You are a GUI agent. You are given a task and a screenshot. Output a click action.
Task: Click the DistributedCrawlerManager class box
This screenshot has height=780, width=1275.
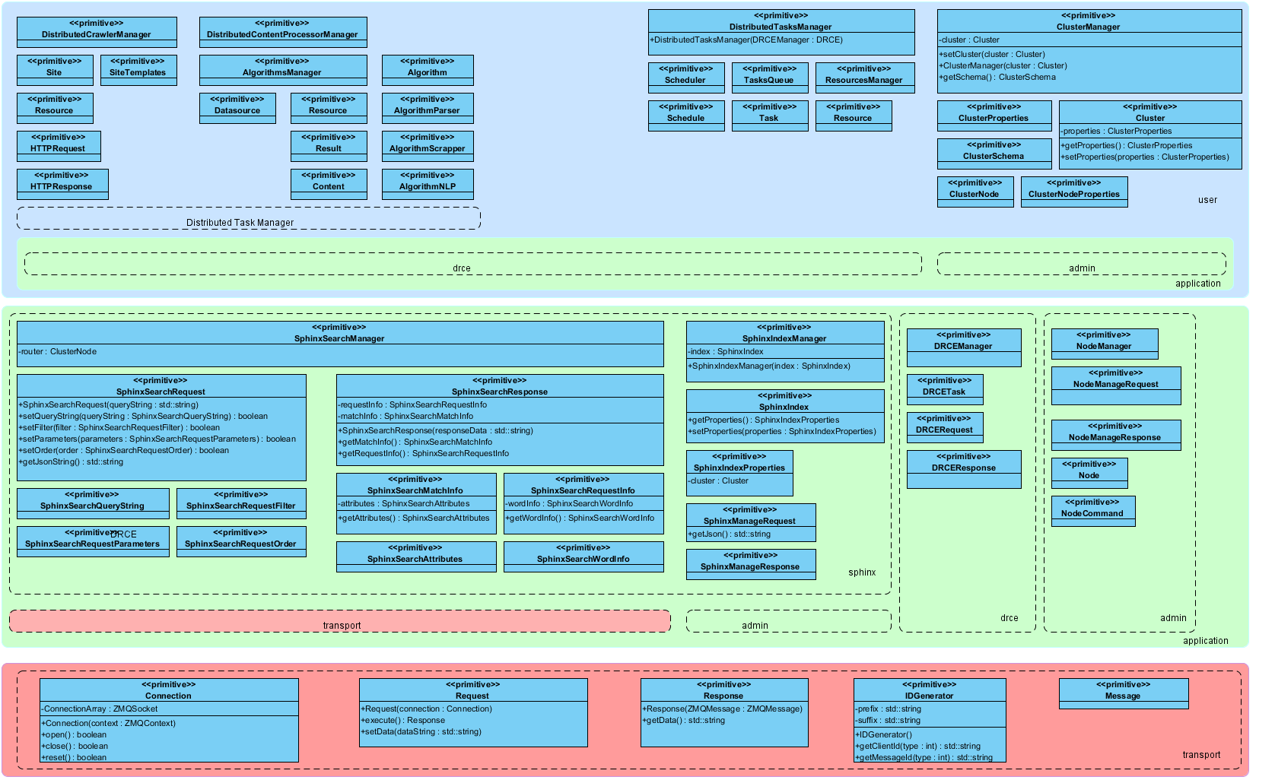pos(97,32)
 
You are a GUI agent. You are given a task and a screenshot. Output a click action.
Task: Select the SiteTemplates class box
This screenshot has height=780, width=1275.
pos(138,70)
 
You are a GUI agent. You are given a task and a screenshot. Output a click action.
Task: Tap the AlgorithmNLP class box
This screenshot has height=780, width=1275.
pos(427,184)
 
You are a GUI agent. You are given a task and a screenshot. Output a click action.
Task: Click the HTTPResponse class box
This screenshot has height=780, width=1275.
pos(62,184)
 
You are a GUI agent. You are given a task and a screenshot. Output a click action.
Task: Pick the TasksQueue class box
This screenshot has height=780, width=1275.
pos(769,78)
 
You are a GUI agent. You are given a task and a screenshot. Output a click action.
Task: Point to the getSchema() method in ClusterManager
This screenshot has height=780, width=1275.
pos(997,78)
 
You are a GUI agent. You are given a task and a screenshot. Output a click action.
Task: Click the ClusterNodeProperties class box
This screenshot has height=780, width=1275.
pos(1073,192)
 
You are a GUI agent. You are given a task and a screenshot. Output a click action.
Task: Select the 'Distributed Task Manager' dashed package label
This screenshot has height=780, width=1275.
pos(240,223)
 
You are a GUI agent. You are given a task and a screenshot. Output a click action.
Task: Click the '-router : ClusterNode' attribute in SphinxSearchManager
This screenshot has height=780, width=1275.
pos(59,352)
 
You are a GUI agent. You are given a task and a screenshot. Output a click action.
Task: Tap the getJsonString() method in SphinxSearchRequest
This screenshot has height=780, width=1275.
pos(72,462)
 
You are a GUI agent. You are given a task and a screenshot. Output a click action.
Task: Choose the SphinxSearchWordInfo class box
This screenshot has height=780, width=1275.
pos(583,556)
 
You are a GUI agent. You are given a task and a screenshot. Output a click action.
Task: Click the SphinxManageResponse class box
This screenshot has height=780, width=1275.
pos(750,564)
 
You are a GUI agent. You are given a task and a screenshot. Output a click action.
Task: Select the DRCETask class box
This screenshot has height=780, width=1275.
pos(944,389)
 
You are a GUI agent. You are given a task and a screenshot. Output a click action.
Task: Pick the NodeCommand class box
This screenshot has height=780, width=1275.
pos(1092,511)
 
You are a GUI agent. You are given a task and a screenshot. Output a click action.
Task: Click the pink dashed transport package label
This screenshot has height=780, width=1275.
pos(342,626)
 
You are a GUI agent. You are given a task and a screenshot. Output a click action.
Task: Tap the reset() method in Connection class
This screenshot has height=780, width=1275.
pos(75,758)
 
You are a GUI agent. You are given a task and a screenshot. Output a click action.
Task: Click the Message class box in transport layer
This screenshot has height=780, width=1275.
pos(1123,693)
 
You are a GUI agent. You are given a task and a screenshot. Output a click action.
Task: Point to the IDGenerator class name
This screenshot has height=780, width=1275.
pos(929,696)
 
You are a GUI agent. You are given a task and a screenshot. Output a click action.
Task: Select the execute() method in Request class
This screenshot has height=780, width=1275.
pos(403,721)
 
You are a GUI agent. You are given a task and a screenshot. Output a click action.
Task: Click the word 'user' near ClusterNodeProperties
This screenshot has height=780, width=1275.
pos(1207,200)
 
